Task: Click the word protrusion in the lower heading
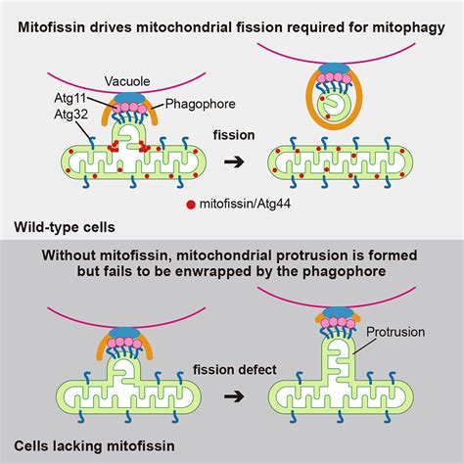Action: tap(300, 255)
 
